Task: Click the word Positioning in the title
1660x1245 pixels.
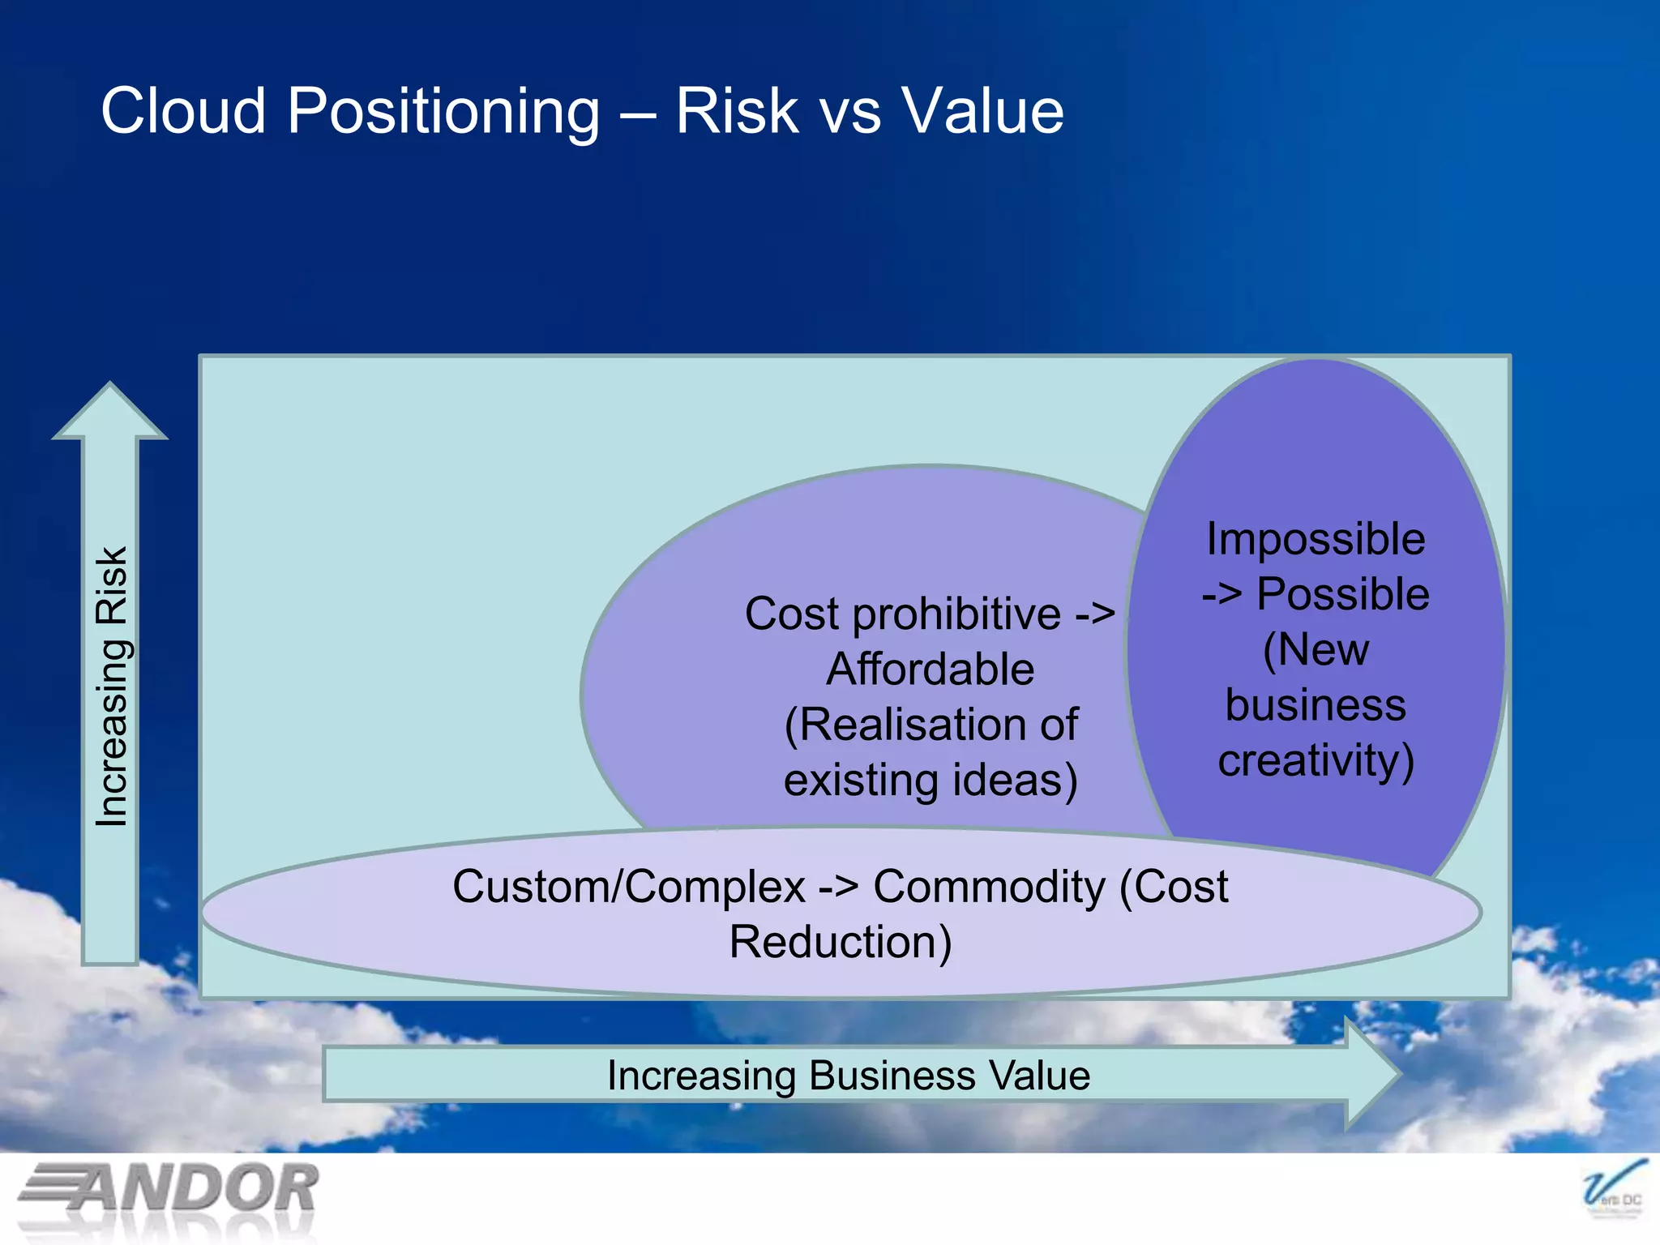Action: click(x=443, y=112)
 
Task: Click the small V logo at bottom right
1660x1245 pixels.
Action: click(x=1612, y=1190)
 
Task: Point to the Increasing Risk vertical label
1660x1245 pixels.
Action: click(x=112, y=687)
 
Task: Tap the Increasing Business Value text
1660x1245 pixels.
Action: click(x=848, y=1076)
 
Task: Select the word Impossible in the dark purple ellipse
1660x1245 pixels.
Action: click(x=1316, y=539)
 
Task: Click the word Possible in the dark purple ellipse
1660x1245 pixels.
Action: click(x=1342, y=594)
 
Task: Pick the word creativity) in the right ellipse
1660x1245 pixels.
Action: click(x=1316, y=760)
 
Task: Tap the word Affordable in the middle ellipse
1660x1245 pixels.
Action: click(x=930, y=670)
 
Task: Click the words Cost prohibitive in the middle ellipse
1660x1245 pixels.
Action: click(x=902, y=614)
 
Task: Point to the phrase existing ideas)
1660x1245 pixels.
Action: click(x=930, y=780)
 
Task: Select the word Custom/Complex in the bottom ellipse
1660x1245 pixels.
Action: click(x=628, y=886)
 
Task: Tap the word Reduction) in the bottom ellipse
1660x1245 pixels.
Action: click(x=840, y=942)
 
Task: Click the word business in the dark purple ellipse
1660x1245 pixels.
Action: click(x=1315, y=704)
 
